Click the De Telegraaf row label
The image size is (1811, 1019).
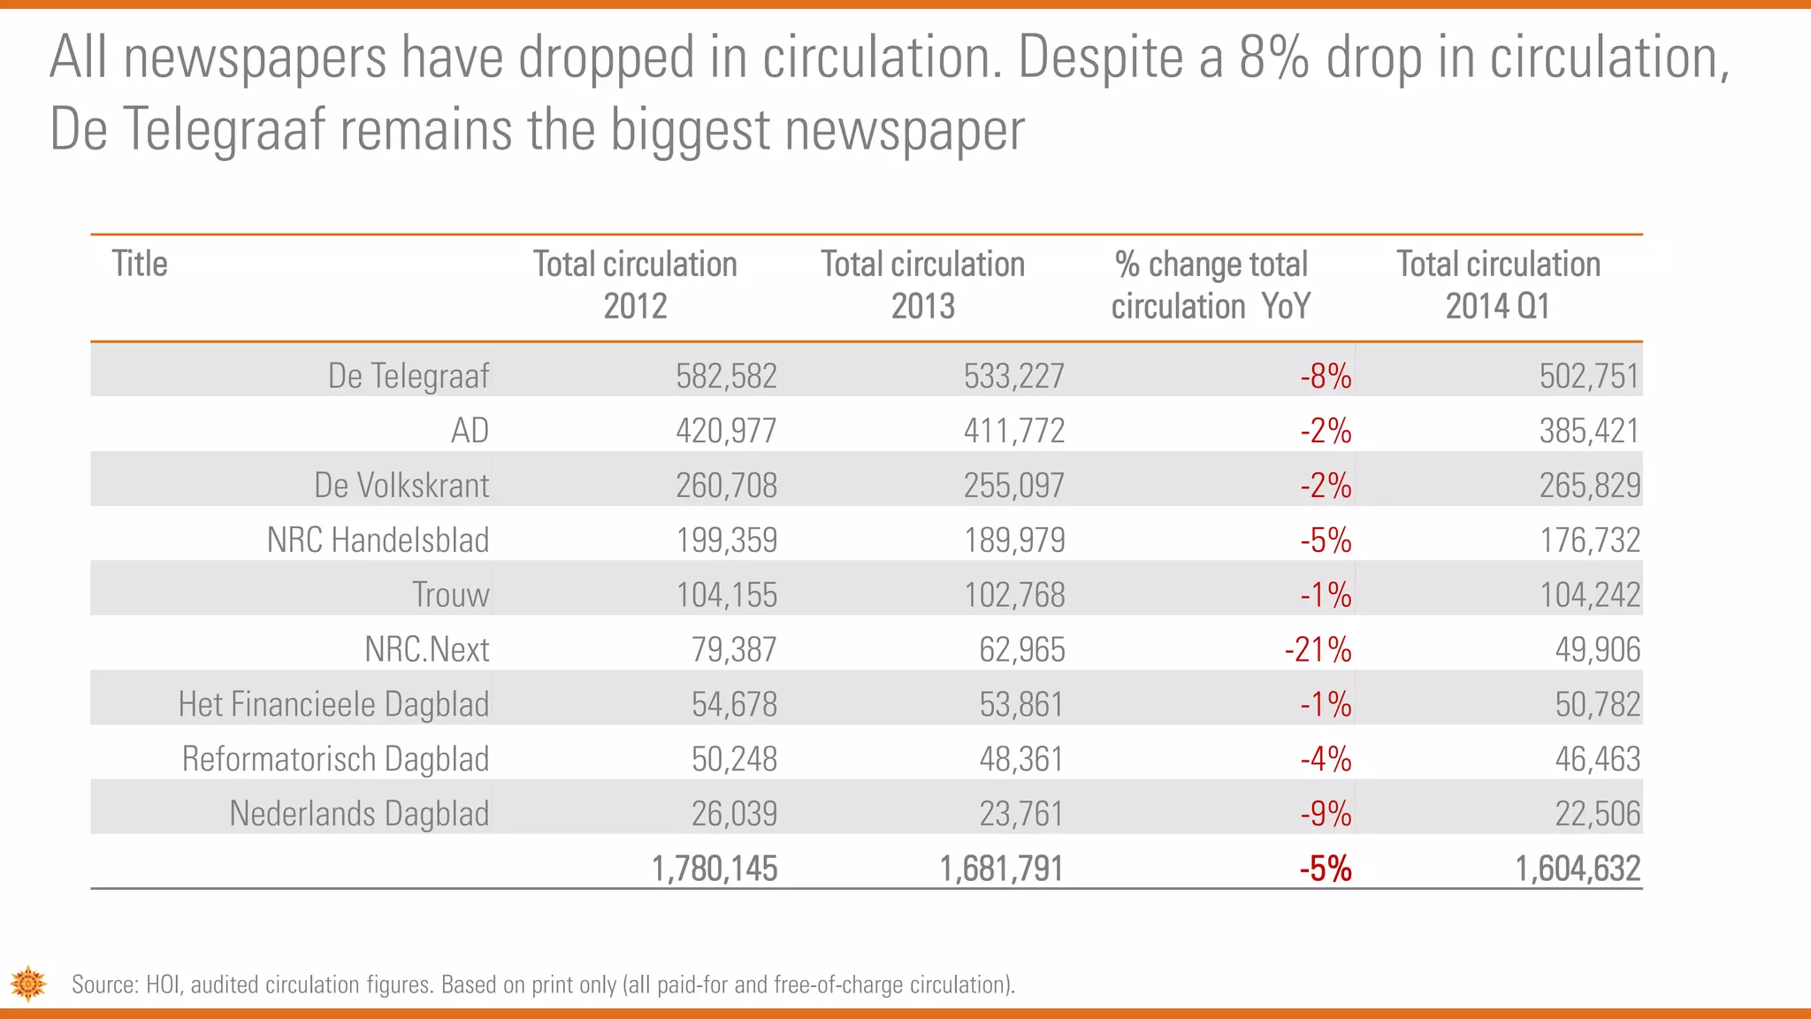pos(408,376)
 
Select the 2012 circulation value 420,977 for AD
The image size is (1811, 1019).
pos(726,431)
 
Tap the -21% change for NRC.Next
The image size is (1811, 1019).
pos(1318,650)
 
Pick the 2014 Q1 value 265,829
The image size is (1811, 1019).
pos(1589,486)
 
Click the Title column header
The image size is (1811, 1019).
pos(140,264)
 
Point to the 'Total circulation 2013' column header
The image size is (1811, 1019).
pos(922,285)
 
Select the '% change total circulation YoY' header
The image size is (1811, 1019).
pos(1211,285)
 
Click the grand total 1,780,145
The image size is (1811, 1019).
pos(714,869)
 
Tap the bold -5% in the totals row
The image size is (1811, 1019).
pos(1325,869)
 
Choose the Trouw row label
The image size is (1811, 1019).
pos(450,594)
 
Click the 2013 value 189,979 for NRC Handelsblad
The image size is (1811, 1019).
pos(1013,540)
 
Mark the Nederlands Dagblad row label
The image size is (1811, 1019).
pos(359,814)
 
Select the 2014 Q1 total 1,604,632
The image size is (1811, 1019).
pos(1578,869)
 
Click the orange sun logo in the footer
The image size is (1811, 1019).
pos(28,984)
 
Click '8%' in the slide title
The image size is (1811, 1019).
pos(1273,57)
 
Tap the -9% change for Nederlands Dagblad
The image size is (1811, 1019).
pos(1325,814)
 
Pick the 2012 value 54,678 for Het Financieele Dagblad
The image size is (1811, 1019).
pos(734,705)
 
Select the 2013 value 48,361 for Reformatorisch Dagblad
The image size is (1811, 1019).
pos(1020,759)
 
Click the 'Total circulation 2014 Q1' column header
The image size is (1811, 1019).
pos(1498,285)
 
